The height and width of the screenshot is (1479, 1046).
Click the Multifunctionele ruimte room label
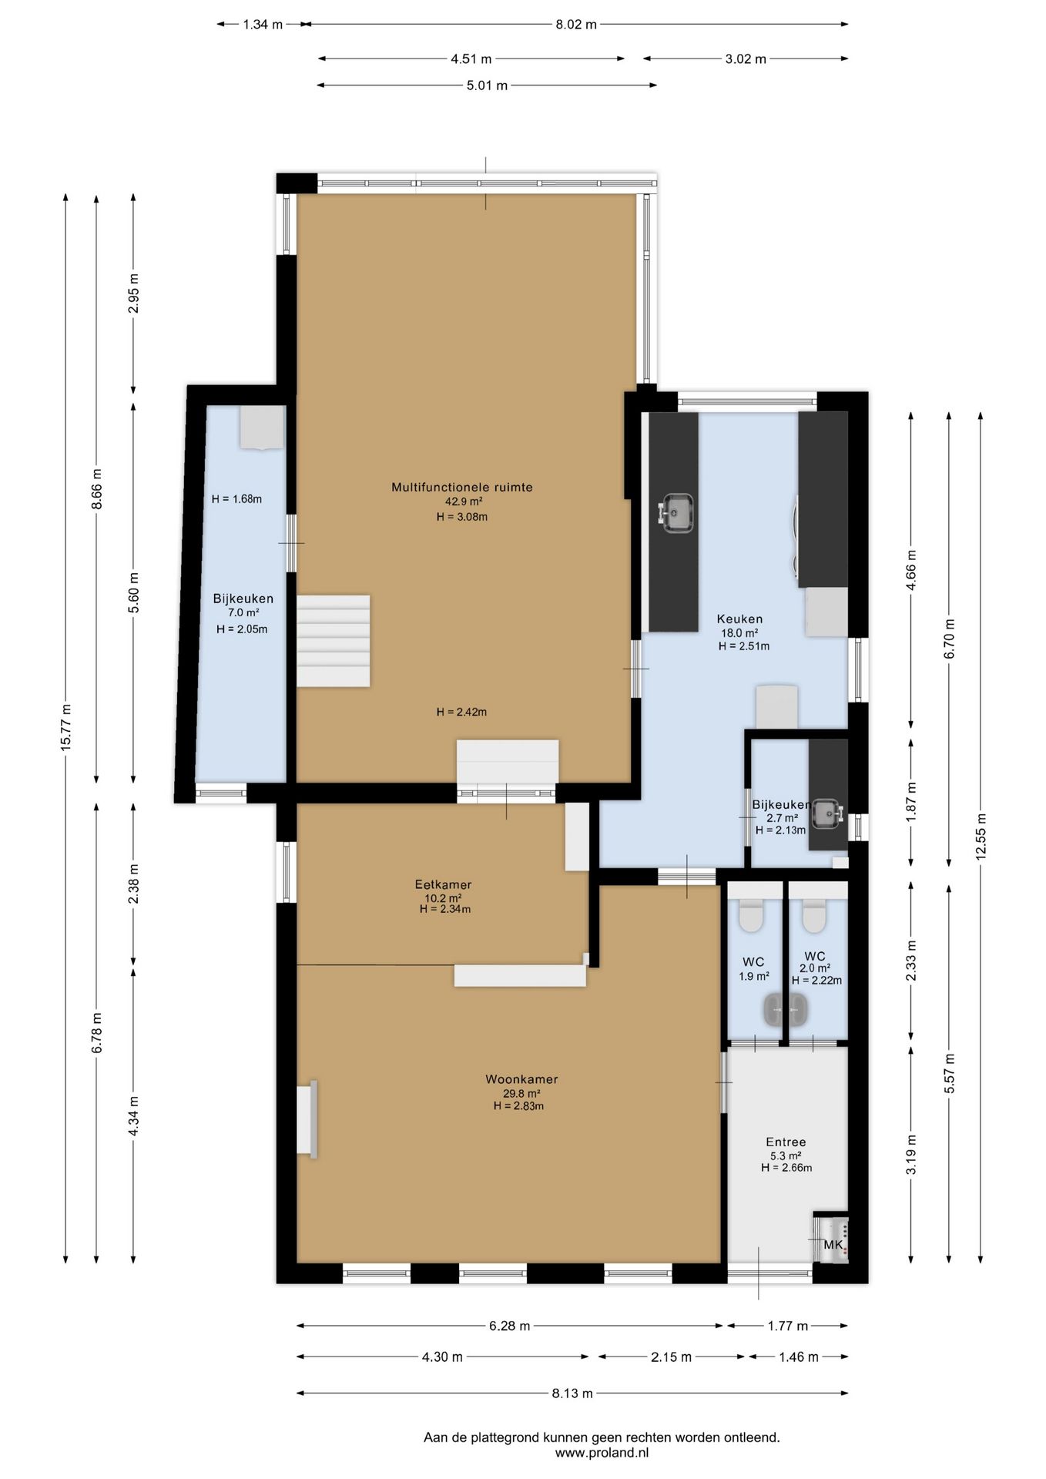point(461,487)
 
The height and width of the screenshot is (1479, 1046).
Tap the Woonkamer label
point(521,1079)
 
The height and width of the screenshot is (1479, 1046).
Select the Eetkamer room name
point(443,884)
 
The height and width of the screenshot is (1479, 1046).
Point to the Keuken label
point(739,619)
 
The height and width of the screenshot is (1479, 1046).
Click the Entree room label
point(786,1142)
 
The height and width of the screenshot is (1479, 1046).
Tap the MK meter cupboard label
point(833,1245)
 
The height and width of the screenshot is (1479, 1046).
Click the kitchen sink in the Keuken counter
point(676,512)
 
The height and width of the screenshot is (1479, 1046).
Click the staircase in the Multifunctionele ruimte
point(334,640)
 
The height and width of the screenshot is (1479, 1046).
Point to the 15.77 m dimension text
point(66,727)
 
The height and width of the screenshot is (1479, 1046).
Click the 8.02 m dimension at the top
point(576,25)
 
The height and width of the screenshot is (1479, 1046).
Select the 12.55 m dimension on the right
point(981,836)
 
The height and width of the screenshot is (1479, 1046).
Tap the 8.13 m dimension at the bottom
point(572,1393)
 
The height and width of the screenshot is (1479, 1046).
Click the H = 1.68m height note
point(236,499)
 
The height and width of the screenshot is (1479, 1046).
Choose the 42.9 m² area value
point(464,501)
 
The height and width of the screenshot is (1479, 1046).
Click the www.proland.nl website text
point(602,1453)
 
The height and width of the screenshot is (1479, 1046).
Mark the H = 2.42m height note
point(461,713)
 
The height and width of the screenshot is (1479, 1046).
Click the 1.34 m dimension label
point(263,25)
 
